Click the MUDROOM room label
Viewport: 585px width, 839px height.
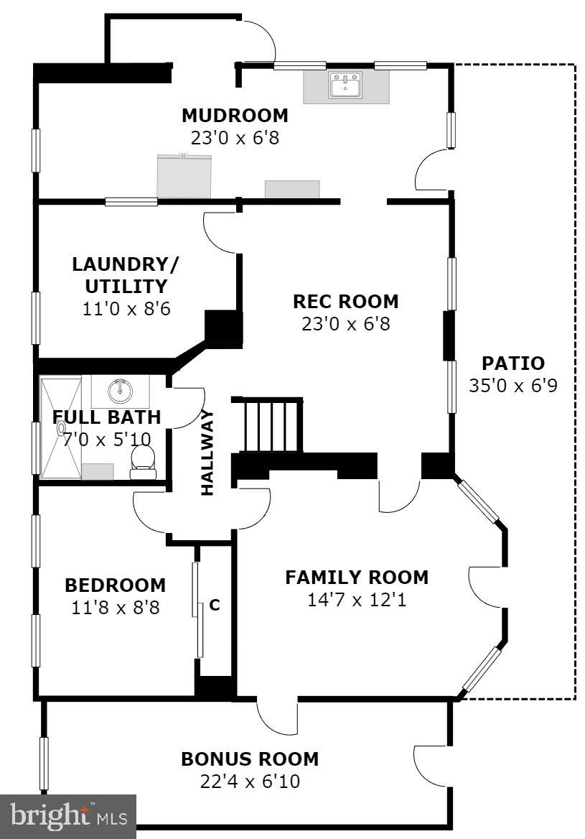(235, 116)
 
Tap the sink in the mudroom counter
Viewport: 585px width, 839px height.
(346, 85)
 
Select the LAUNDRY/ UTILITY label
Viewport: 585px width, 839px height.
(126, 274)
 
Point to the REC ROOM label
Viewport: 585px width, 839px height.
(345, 302)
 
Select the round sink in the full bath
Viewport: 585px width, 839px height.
(119, 391)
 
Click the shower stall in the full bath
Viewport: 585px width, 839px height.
(60, 427)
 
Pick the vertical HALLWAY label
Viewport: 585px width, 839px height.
(207, 453)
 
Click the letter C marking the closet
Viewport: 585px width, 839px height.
(214, 605)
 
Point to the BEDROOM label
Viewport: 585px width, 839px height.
(115, 585)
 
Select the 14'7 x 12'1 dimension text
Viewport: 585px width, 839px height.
(356, 599)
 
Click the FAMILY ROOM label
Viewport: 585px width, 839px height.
(356, 578)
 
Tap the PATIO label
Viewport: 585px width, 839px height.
(513, 363)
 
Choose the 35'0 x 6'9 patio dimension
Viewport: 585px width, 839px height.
(513, 386)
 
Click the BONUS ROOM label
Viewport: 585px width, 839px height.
(249, 759)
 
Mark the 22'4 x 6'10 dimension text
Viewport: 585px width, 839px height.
(249, 781)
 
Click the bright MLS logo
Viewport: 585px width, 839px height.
(67, 817)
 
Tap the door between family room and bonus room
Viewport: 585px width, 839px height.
(277, 715)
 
